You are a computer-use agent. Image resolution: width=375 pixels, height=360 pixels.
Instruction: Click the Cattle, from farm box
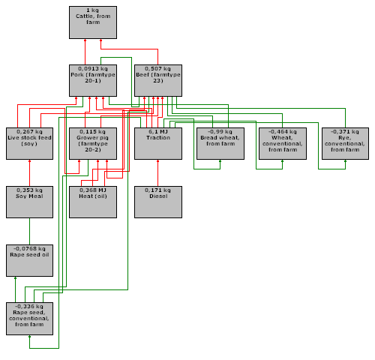(93, 22)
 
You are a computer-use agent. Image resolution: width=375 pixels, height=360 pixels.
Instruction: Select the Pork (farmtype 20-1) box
(93, 80)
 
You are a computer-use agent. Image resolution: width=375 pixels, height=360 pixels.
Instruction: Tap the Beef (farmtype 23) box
(158, 80)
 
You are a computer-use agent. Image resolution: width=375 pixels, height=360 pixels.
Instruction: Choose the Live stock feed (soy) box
(29, 143)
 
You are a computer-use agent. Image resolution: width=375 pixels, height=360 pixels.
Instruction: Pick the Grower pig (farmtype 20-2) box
(93, 143)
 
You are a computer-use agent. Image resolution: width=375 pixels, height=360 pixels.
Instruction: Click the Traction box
(158, 143)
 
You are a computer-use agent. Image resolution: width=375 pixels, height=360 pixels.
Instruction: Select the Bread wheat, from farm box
(220, 143)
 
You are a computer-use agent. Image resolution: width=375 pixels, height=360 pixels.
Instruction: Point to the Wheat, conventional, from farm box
(283, 143)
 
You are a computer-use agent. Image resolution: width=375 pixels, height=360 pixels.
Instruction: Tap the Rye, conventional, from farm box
(345, 143)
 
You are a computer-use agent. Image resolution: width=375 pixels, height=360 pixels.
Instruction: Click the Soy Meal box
(29, 202)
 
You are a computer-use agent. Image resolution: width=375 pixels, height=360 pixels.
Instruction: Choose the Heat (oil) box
(93, 202)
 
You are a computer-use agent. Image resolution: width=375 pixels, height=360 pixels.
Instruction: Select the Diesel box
(158, 202)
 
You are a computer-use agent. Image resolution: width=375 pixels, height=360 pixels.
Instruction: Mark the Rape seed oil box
(29, 260)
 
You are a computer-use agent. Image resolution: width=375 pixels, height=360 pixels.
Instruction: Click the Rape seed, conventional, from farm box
(29, 319)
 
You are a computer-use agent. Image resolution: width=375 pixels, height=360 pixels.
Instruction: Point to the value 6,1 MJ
(158, 132)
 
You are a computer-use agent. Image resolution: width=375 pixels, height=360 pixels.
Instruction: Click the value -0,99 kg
(220, 132)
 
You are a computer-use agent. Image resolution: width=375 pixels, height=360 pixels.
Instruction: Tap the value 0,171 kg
(157, 190)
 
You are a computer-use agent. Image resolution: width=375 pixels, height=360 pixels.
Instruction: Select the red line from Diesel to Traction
(157, 173)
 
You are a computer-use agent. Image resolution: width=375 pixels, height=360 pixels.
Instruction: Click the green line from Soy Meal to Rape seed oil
(29, 232)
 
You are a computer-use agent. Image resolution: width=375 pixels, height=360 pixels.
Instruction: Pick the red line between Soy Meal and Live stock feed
(29, 173)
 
